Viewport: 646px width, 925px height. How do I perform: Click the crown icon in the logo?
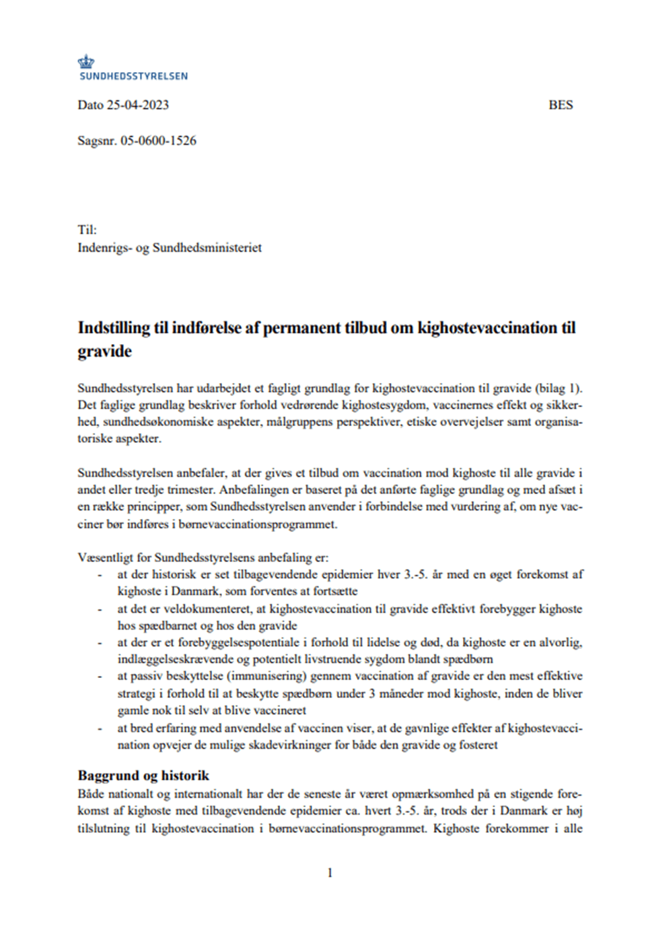[85, 62]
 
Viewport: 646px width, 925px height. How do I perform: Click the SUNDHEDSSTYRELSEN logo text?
[133, 77]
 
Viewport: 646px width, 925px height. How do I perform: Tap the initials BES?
[561, 105]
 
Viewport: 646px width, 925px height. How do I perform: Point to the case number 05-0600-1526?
[158, 141]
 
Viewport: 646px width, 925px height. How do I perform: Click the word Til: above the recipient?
[87, 230]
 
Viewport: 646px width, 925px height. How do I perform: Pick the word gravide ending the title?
[104, 351]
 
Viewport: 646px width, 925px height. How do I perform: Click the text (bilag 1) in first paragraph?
[559, 388]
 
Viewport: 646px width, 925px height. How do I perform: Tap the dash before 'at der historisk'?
[100, 576]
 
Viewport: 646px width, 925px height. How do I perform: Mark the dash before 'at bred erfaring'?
[100, 728]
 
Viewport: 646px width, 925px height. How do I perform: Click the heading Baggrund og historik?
[143, 776]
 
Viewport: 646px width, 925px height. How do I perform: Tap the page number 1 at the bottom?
[330, 873]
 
